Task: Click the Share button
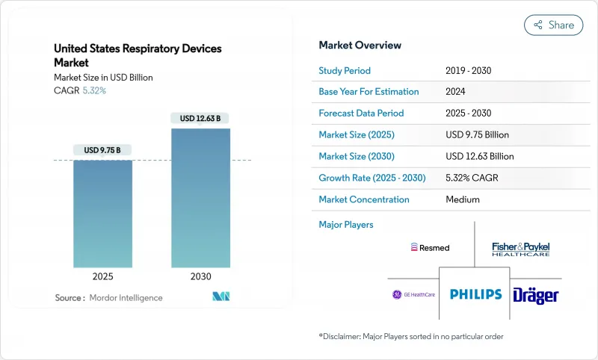coord(553,25)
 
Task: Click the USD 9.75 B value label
coord(102,150)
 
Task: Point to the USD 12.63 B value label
coord(200,118)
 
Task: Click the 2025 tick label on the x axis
coord(102,276)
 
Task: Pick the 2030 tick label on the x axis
coord(200,276)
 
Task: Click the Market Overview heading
coord(360,45)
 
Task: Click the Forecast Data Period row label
coord(361,114)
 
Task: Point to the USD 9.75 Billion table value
coord(477,135)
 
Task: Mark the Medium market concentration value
coord(462,199)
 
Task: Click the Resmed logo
coord(430,247)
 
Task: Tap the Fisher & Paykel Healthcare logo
coord(521,249)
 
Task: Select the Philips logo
coord(475,294)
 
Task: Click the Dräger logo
coord(536,295)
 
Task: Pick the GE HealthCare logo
coord(413,294)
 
